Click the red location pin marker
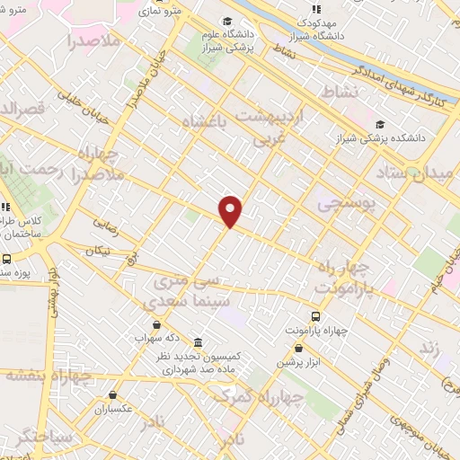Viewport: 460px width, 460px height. [232, 210]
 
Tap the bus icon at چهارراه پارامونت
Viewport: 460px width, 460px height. [315, 316]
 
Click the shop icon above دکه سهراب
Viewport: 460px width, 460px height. [157, 324]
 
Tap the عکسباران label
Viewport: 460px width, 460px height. [112, 410]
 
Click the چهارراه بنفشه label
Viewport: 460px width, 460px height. [49, 376]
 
